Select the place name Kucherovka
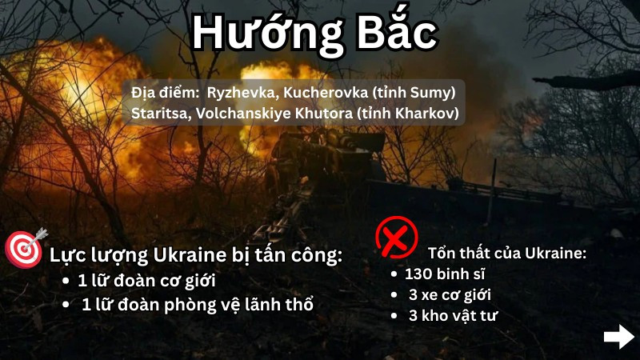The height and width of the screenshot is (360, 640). [326, 93]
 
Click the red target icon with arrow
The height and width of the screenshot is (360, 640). [26, 248]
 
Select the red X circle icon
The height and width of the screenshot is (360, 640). [396, 238]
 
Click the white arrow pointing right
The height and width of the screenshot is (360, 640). [619, 337]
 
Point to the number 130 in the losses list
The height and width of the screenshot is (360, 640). [418, 274]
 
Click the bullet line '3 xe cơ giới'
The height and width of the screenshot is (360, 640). [450, 295]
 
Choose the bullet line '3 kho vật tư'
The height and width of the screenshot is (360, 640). [453, 315]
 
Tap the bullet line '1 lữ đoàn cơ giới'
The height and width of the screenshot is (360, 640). [147, 281]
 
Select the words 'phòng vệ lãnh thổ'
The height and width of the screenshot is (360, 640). [238, 306]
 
